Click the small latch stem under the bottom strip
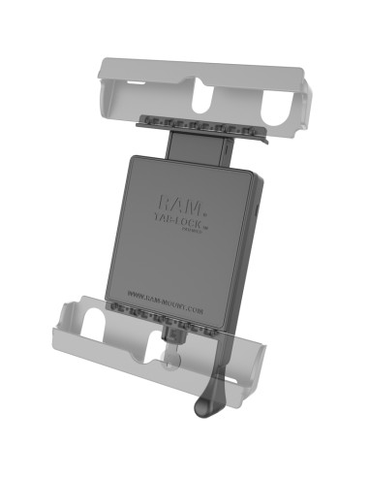(x=175, y=336)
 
